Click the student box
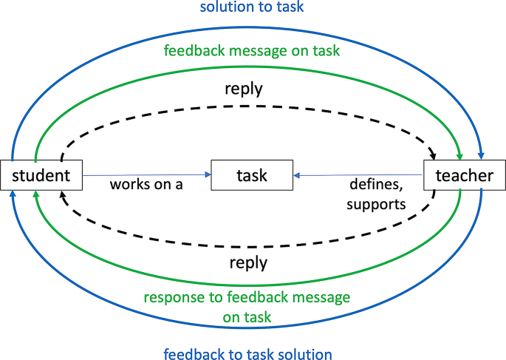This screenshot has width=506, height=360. pyautogui.click(x=41, y=176)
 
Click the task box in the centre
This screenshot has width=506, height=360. pyautogui.click(x=252, y=176)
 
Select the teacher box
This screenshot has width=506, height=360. pyautogui.click(x=464, y=176)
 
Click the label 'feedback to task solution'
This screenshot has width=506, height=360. pyautogui.click(x=248, y=353)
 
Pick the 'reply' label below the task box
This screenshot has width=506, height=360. pyautogui.click(x=248, y=262)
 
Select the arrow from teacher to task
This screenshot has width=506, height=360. pyautogui.click(x=358, y=175)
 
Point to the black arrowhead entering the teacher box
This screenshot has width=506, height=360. pyautogui.click(x=433, y=156)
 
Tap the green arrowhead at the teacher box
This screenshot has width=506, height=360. pyautogui.click(x=460, y=156)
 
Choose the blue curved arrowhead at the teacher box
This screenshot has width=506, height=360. pyautogui.click(x=481, y=156)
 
